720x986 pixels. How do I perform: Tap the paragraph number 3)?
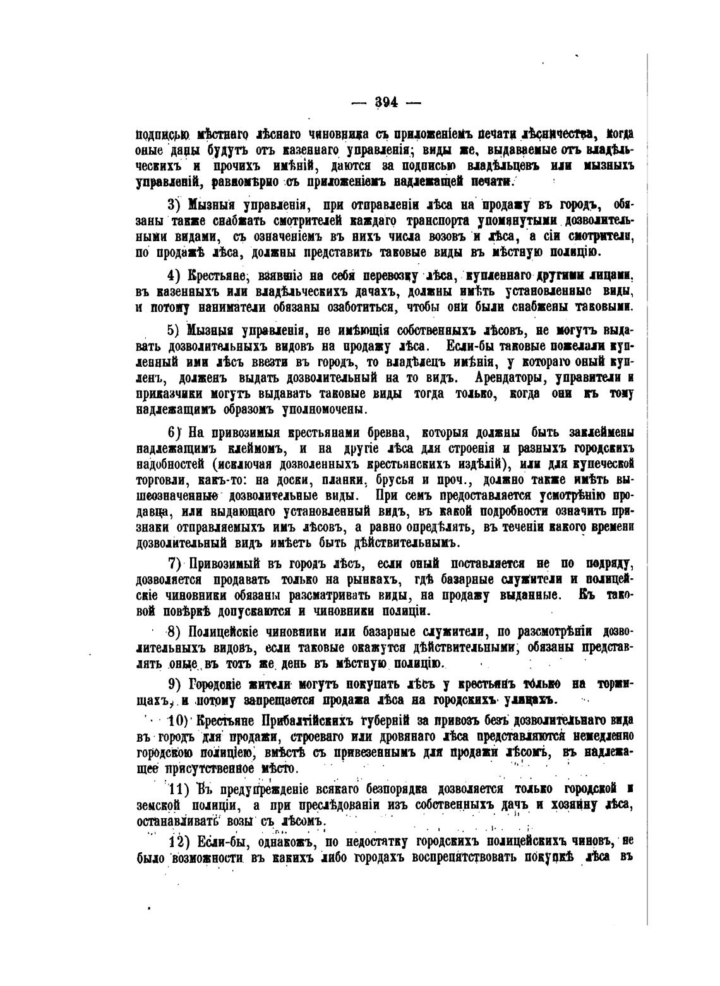click(x=174, y=206)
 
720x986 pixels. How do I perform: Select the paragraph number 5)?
click(x=174, y=331)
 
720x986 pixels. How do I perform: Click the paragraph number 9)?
click(x=175, y=684)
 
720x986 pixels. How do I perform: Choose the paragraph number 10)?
click(x=179, y=721)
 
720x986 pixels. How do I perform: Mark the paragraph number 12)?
click(x=179, y=843)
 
